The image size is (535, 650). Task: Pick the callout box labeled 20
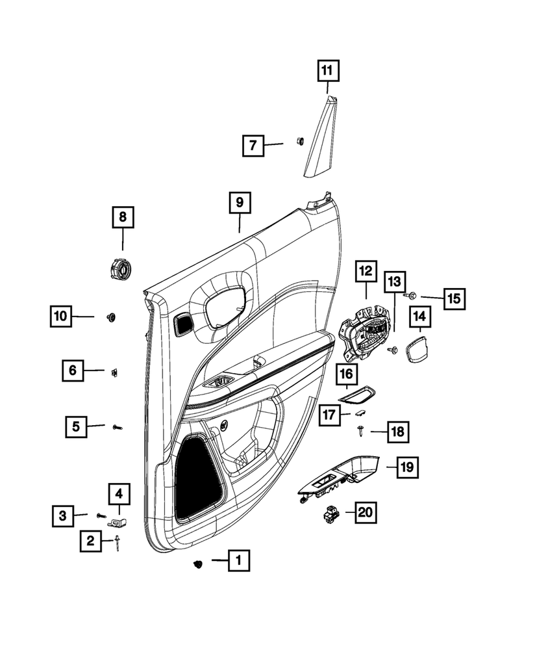tap(366, 512)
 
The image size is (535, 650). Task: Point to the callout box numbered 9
tap(239, 203)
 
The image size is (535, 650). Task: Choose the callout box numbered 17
tap(329, 413)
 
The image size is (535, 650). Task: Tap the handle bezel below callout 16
tap(357, 396)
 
